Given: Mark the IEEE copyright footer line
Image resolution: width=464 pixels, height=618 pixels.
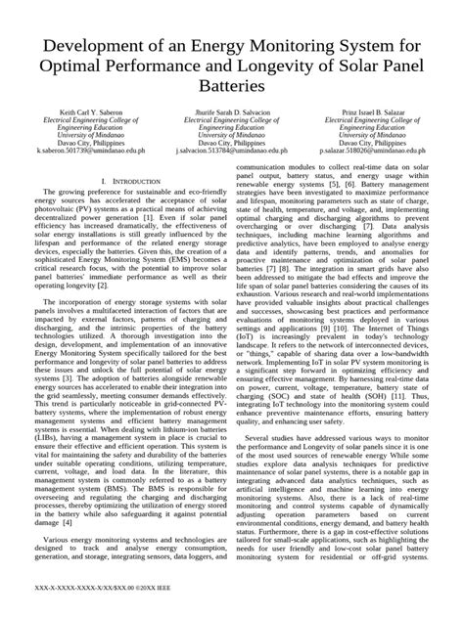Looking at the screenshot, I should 93,594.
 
